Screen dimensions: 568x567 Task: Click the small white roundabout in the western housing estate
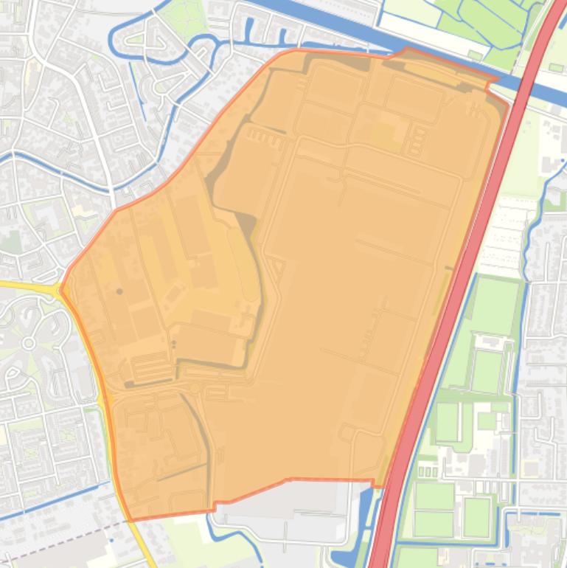29,343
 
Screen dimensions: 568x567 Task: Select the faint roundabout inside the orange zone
195,388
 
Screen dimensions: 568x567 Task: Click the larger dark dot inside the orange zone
120,291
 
